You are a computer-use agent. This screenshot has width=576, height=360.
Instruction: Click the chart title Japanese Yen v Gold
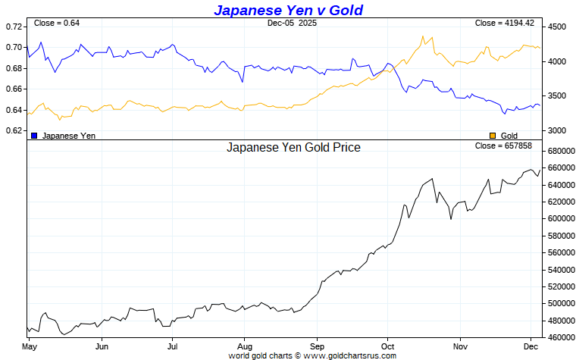288,10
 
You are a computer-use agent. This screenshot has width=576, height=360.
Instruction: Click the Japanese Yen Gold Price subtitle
293,147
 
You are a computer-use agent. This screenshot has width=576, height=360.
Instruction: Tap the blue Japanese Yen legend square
35,135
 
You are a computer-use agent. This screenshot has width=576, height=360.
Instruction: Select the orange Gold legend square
493,135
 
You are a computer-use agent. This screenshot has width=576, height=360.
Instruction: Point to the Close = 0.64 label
57,23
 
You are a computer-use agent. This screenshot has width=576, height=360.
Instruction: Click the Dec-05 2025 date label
292,23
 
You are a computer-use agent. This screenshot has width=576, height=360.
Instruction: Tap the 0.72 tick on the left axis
14,27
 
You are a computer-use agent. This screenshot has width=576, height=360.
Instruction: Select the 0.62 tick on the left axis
14,130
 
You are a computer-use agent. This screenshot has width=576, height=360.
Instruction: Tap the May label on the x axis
30,346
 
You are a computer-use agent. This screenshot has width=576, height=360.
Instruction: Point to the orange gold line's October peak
422,36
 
